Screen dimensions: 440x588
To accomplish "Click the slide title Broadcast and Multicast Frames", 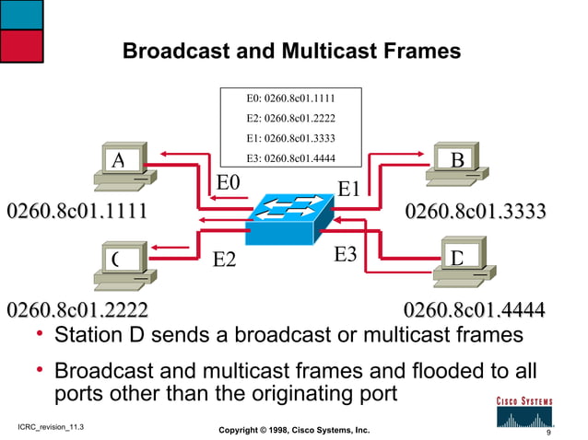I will coord(291,52).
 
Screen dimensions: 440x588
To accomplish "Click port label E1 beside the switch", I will coord(350,189).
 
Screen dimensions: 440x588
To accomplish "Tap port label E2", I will coord(225,261).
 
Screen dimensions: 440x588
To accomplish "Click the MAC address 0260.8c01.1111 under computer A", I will coord(77,212).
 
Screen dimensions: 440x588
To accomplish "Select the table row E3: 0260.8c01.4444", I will coord(291,158).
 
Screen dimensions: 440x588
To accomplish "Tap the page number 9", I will coord(548,432).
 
